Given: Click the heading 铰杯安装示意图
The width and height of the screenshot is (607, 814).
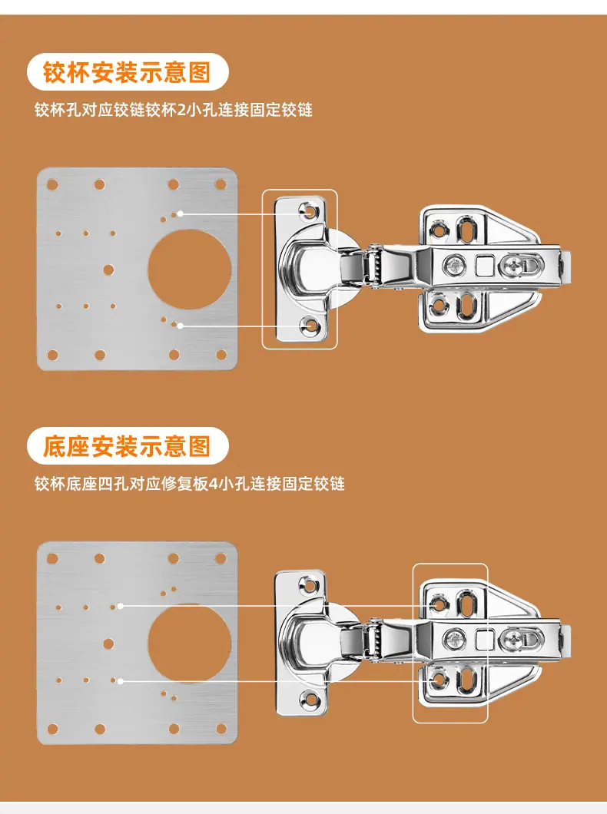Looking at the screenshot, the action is (x=127, y=71).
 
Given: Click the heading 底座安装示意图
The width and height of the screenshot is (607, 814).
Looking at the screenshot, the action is (x=127, y=446).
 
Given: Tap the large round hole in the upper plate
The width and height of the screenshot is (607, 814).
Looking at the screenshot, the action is (x=190, y=270).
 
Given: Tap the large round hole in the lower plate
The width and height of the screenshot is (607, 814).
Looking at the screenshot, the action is (x=190, y=644).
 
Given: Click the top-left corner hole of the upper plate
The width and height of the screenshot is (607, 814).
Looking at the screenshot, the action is (x=52, y=184).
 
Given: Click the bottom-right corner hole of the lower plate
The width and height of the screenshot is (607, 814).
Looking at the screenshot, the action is (x=221, y=730).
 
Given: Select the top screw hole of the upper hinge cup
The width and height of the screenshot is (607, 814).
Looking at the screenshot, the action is (x=311, y=211).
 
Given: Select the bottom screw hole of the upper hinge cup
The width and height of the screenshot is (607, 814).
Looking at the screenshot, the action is (x=311, y=326).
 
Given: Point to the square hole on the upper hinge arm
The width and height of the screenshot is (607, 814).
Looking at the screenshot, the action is (x=484, y=266).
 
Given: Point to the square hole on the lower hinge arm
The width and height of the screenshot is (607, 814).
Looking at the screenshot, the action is (x=484, y=640).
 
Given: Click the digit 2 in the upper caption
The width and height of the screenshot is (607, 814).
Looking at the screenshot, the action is (x=181, y=110).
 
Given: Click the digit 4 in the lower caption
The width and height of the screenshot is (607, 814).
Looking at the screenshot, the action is (x=212, y=484).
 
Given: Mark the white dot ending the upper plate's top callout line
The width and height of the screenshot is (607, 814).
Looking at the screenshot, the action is (x=180, y=213).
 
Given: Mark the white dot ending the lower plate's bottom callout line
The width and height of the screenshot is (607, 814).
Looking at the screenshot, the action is (x=120, y=680).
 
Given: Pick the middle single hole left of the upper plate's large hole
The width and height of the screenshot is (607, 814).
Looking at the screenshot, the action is (x=108, y=270).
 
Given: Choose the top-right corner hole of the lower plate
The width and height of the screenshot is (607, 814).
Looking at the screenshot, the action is (x=221, y=558).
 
